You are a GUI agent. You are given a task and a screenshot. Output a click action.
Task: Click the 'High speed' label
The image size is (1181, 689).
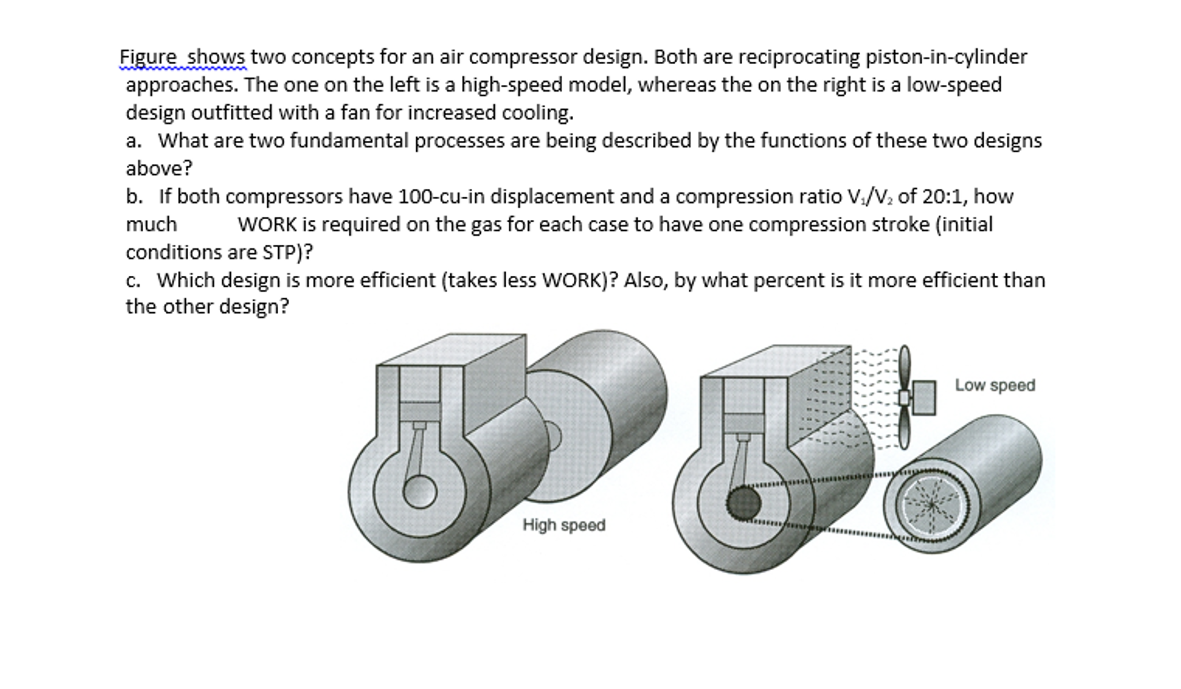point(563,525)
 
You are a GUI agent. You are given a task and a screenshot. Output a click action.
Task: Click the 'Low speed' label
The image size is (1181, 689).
point(995,385)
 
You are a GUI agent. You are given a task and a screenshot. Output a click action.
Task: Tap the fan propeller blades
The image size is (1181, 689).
point(905,398)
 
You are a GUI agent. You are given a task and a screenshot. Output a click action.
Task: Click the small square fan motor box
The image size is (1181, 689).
point(924,398)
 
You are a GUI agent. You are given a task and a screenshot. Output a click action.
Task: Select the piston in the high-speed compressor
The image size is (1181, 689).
point(420,411)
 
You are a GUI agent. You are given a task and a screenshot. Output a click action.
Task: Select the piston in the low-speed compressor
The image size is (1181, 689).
point(744,423)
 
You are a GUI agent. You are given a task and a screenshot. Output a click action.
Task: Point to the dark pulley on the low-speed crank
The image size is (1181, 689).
point(743,503)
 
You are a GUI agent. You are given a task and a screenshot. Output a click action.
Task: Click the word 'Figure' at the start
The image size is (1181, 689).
point(148,57)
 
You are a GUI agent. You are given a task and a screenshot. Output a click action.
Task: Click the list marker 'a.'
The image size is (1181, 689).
point(133,141)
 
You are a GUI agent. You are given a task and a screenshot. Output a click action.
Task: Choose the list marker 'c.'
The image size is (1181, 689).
point(133,280)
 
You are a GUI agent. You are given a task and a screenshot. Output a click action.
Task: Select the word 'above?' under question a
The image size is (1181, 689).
point(159,168)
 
